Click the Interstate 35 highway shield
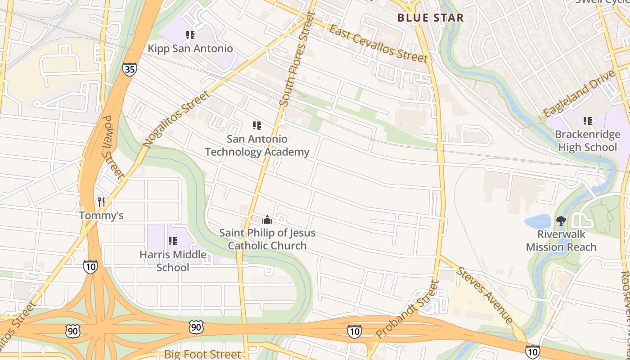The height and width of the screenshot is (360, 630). pyautogui.click(x=129, y=69)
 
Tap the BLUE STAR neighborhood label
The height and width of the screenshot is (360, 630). pyautogui.click(x=430, y=18)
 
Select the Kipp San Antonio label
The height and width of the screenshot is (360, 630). pyautogui.click(x=191, y=49)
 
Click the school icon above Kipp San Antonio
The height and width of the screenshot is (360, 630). pyautogui.click(x=190, y=35)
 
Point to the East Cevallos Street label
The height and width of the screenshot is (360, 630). pyautogui.click(x=378, y=44)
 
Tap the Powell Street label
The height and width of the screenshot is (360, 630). pyautogui.click(x=113, y=147)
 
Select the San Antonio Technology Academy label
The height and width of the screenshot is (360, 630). pyautogui.click(x=257, y=145)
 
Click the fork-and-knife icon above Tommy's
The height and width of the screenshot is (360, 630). pyautogui.click(x=101, y=202)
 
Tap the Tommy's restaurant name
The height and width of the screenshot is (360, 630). pyautogui.click(x=101, y=216)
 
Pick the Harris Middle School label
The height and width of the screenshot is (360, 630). pyautogui.click(x=173, y=261)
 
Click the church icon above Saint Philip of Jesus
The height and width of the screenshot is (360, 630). pyautogui.click(x=267, y=220)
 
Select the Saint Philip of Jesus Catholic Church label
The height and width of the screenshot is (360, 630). pyautogui.click(x=267, y=239)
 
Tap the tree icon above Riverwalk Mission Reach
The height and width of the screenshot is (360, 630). pyautogui.click(x=561, y=220)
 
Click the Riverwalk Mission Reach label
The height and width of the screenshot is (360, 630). pyautogui.click(x=561, y=241)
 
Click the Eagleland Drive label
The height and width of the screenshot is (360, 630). pyautogui.click(x=579, y=94)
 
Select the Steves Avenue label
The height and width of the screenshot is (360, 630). pyautogui.click(x=485, y=295)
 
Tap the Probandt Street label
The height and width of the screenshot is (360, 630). pyautogui.click(x=408, y=310)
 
